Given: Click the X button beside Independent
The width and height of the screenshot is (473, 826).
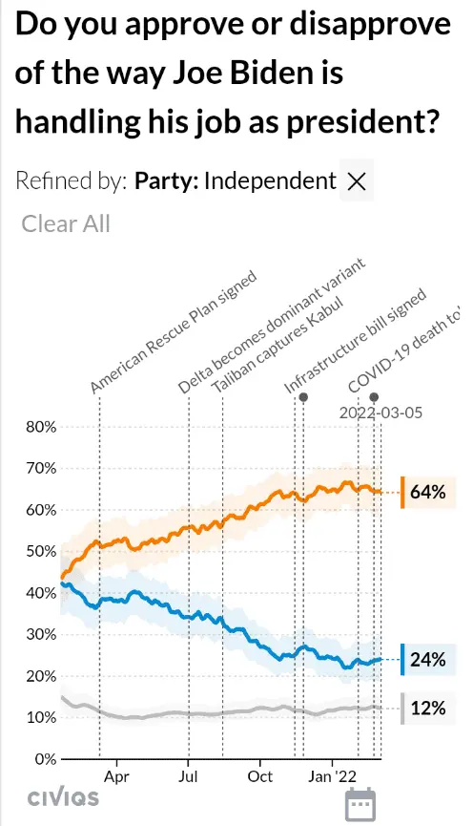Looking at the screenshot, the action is click(x=357, y=180).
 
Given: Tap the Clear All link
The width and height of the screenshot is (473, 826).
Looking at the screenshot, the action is click(x=66, y=223).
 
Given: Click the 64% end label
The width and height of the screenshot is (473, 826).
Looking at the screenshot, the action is click(x=428, y=492).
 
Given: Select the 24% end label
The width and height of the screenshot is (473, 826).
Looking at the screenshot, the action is click(x=428, y=660).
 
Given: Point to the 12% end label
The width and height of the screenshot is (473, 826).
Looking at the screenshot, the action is click(x=428, y=708).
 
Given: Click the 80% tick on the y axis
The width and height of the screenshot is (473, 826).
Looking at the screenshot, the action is click(x=41, y=427).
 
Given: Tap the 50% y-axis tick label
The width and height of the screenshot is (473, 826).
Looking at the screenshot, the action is click(x=41, y=552).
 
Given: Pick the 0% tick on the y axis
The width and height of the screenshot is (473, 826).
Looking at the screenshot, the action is click(x=46, y=759).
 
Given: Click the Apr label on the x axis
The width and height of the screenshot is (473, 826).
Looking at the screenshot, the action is click(x=116, y=777).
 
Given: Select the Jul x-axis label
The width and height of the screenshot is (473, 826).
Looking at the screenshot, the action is click(x=188, y=777).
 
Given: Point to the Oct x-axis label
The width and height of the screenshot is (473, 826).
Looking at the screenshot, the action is click(x=260, y=777).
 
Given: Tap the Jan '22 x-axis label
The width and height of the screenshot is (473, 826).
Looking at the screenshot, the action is click(x=332, y=777).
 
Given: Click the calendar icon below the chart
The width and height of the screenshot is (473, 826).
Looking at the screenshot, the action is click(x=360, y=804).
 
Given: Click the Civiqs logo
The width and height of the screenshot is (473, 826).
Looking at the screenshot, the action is click(x=63, y=797).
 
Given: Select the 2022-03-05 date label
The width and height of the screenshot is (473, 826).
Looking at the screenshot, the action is click(x=380, y=412).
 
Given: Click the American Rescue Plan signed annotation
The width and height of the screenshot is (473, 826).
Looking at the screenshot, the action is click(x=174, y=332).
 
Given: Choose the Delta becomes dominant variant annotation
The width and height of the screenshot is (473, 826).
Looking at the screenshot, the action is click(x=271, y=326).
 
